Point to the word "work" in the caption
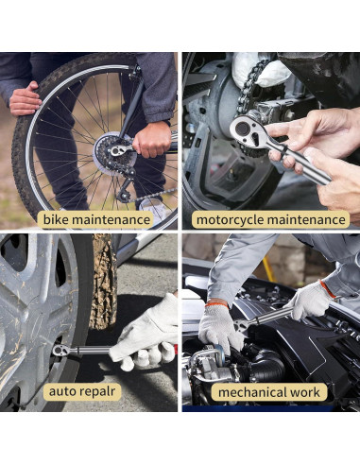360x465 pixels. click(305, 392)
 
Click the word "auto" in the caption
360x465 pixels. click(62, 391)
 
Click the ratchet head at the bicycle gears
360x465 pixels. click(118, 150)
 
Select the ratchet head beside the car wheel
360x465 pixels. click(61, 350)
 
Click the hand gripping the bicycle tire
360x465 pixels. click(25, 99)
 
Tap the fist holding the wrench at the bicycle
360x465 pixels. click(152, 140)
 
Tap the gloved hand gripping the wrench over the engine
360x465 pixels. click(310, 300)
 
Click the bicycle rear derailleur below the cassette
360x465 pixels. click(125, 188)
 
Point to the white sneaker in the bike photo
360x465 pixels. click(153, 210)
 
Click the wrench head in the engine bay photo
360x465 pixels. click(242, 325)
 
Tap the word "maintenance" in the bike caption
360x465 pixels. click(111, 219)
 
